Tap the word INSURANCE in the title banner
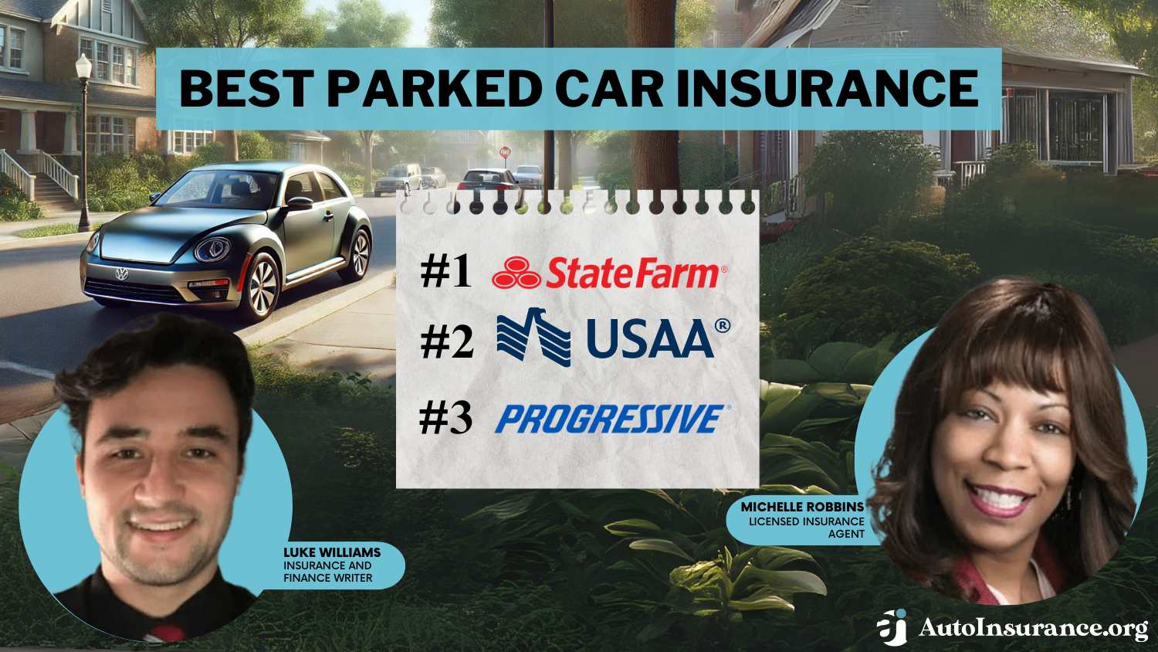tap(827, 89)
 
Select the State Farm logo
tap(609, 273)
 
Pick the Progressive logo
tap(611, 419)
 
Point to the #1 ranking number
tap(445, 272)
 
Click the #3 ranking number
tap(445, 418)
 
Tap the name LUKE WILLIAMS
tap(332, 552)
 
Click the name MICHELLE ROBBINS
tap(802, 507)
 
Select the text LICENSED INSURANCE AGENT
tap(808, 528)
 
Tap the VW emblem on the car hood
tap(121, 273)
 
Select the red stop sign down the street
tap(505, 153)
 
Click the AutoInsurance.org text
tap(1033, 628)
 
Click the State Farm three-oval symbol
tap(516, 273)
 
